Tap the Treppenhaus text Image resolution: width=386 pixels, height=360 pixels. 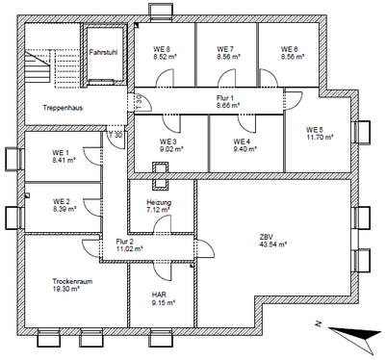click(x=62, y=108)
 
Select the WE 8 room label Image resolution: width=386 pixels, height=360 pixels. click(x=162, y=49)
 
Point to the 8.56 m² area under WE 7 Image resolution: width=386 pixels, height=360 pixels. click(x=228, y=58)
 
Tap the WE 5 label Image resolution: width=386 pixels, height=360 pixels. click(x=317, y=130)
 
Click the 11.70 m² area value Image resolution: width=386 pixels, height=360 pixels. click(x=320, y=138)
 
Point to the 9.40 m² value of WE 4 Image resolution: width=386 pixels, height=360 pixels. click(x=245, y=149)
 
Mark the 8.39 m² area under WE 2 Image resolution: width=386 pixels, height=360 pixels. click(x=65, y=209)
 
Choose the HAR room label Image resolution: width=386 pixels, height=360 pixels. click(x=159, y=296)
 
